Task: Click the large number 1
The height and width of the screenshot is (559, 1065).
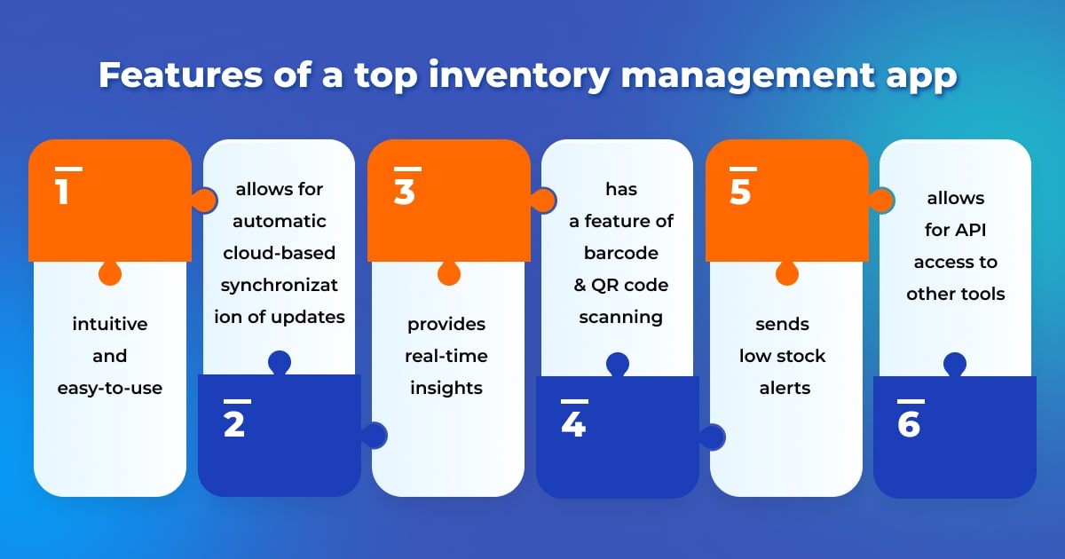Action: click(62, 192)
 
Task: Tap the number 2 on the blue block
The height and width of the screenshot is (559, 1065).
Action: click(234, 425)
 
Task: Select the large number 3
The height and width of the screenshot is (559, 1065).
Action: click(405, 192)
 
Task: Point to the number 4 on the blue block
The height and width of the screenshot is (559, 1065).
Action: click(573, 425)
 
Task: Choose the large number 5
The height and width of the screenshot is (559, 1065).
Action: click(741, 192)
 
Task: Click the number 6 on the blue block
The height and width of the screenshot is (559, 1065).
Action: click(909, 425)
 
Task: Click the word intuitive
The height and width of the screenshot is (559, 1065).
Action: click(110, 324)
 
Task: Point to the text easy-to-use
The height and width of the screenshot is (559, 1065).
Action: click(110, 388)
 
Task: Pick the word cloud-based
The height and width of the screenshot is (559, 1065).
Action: click(280, 253)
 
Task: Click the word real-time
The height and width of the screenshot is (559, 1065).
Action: click(446, 356)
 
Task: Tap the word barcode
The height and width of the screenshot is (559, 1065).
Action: click(621, 253)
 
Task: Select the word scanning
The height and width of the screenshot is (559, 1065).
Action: click(621, 317)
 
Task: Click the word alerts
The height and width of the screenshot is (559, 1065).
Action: click(785, 388)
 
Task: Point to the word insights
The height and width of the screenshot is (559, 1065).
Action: click(446, 388)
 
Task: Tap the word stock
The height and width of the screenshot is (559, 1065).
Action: click(801, 356)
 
